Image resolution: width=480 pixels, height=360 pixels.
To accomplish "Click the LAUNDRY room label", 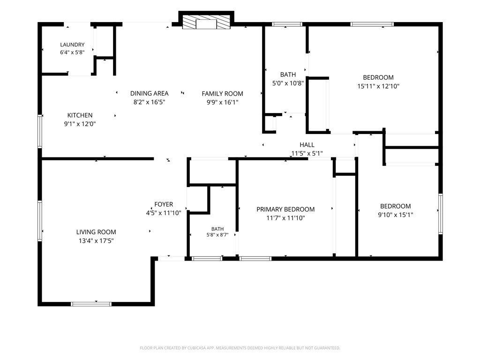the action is [x=72, y=45].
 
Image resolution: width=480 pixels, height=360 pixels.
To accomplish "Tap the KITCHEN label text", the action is [x=80, y=115].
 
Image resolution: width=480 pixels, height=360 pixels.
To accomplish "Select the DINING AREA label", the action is [x=150, y=93].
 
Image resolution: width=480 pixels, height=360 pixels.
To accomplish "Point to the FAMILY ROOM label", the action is [x=222, y=94].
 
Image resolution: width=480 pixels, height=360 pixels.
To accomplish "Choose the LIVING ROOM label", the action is [x=96, y=232].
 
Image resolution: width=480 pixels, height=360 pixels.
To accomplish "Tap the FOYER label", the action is [x=164, y=204].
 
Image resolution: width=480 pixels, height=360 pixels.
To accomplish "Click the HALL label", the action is [x=307, y=145].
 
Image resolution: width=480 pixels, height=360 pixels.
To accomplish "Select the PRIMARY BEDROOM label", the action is [x=285, y=210].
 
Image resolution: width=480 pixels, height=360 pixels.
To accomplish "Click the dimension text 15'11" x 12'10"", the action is [x=378, y=86].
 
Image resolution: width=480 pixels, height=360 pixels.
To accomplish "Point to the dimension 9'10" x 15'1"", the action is [x=396, y=215].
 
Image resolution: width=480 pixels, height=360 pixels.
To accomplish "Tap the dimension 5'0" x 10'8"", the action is [x=288, y=83].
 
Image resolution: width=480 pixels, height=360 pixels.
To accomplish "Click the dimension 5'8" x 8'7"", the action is [x=217, y=235].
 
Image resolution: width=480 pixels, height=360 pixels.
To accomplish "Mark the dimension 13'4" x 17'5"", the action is [x=96, y=241].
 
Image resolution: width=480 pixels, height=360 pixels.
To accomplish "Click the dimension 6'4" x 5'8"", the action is [x=72, y=52].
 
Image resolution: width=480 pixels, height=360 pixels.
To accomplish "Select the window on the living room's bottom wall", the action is [x=91, y=304].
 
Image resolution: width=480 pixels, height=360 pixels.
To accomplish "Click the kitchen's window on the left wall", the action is [x=40, y=131].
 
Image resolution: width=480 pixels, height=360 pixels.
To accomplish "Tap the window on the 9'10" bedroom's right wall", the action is [x=441, y=214].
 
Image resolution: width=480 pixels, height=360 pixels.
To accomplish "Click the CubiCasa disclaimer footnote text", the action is [x=240, y=348].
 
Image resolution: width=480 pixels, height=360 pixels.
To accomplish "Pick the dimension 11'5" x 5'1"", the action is [x=307, y=153].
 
